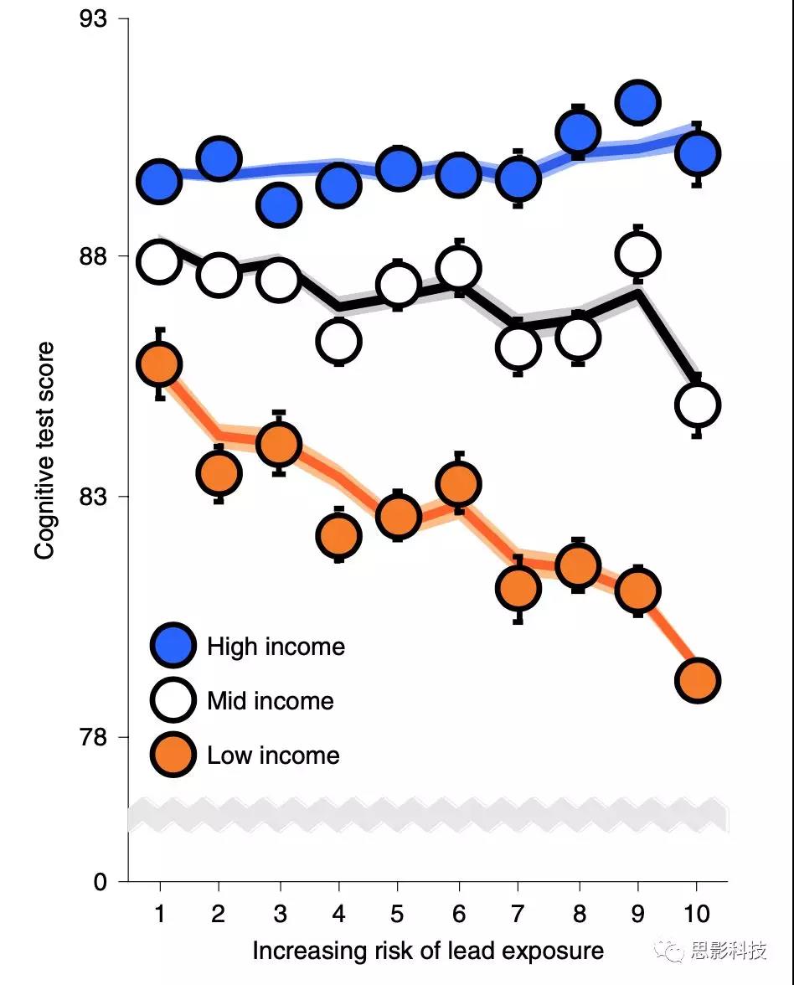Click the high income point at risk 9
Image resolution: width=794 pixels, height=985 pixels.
637,102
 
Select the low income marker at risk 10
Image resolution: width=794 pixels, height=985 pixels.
698,680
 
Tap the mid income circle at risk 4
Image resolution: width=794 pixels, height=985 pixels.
339,340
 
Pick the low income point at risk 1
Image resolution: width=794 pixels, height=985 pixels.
159,364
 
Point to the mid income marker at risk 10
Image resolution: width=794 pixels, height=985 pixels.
698,405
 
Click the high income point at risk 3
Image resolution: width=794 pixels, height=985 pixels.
279,204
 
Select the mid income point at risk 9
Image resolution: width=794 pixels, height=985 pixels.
637,254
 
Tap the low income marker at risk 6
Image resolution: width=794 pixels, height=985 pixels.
458,483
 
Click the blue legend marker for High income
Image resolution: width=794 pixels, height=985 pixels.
173,646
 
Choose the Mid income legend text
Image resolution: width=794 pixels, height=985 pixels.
271,701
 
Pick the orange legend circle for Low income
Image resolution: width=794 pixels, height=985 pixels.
173,755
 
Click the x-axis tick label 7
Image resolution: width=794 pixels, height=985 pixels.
518,913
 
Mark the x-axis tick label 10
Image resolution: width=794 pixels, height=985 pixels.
697,913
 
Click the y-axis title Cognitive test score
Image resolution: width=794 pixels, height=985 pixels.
45,451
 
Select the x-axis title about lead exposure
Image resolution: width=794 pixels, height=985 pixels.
428,951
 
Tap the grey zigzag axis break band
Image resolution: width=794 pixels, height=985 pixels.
427,816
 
